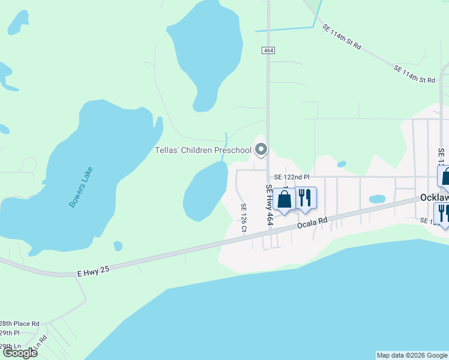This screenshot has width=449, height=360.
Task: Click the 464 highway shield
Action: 268,51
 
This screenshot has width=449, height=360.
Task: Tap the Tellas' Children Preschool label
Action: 203,150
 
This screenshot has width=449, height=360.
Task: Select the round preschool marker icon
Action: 261,149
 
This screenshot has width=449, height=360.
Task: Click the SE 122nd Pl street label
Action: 291,178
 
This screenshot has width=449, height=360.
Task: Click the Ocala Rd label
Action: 312,222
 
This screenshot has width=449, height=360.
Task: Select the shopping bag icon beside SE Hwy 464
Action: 285,199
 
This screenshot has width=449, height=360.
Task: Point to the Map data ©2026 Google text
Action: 412,355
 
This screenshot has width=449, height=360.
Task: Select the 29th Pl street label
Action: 10,332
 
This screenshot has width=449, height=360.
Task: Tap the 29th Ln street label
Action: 10,346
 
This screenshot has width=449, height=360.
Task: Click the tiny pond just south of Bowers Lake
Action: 118,245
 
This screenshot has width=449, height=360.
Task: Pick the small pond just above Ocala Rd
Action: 377,199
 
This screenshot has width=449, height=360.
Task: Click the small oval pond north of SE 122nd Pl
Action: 342,163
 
